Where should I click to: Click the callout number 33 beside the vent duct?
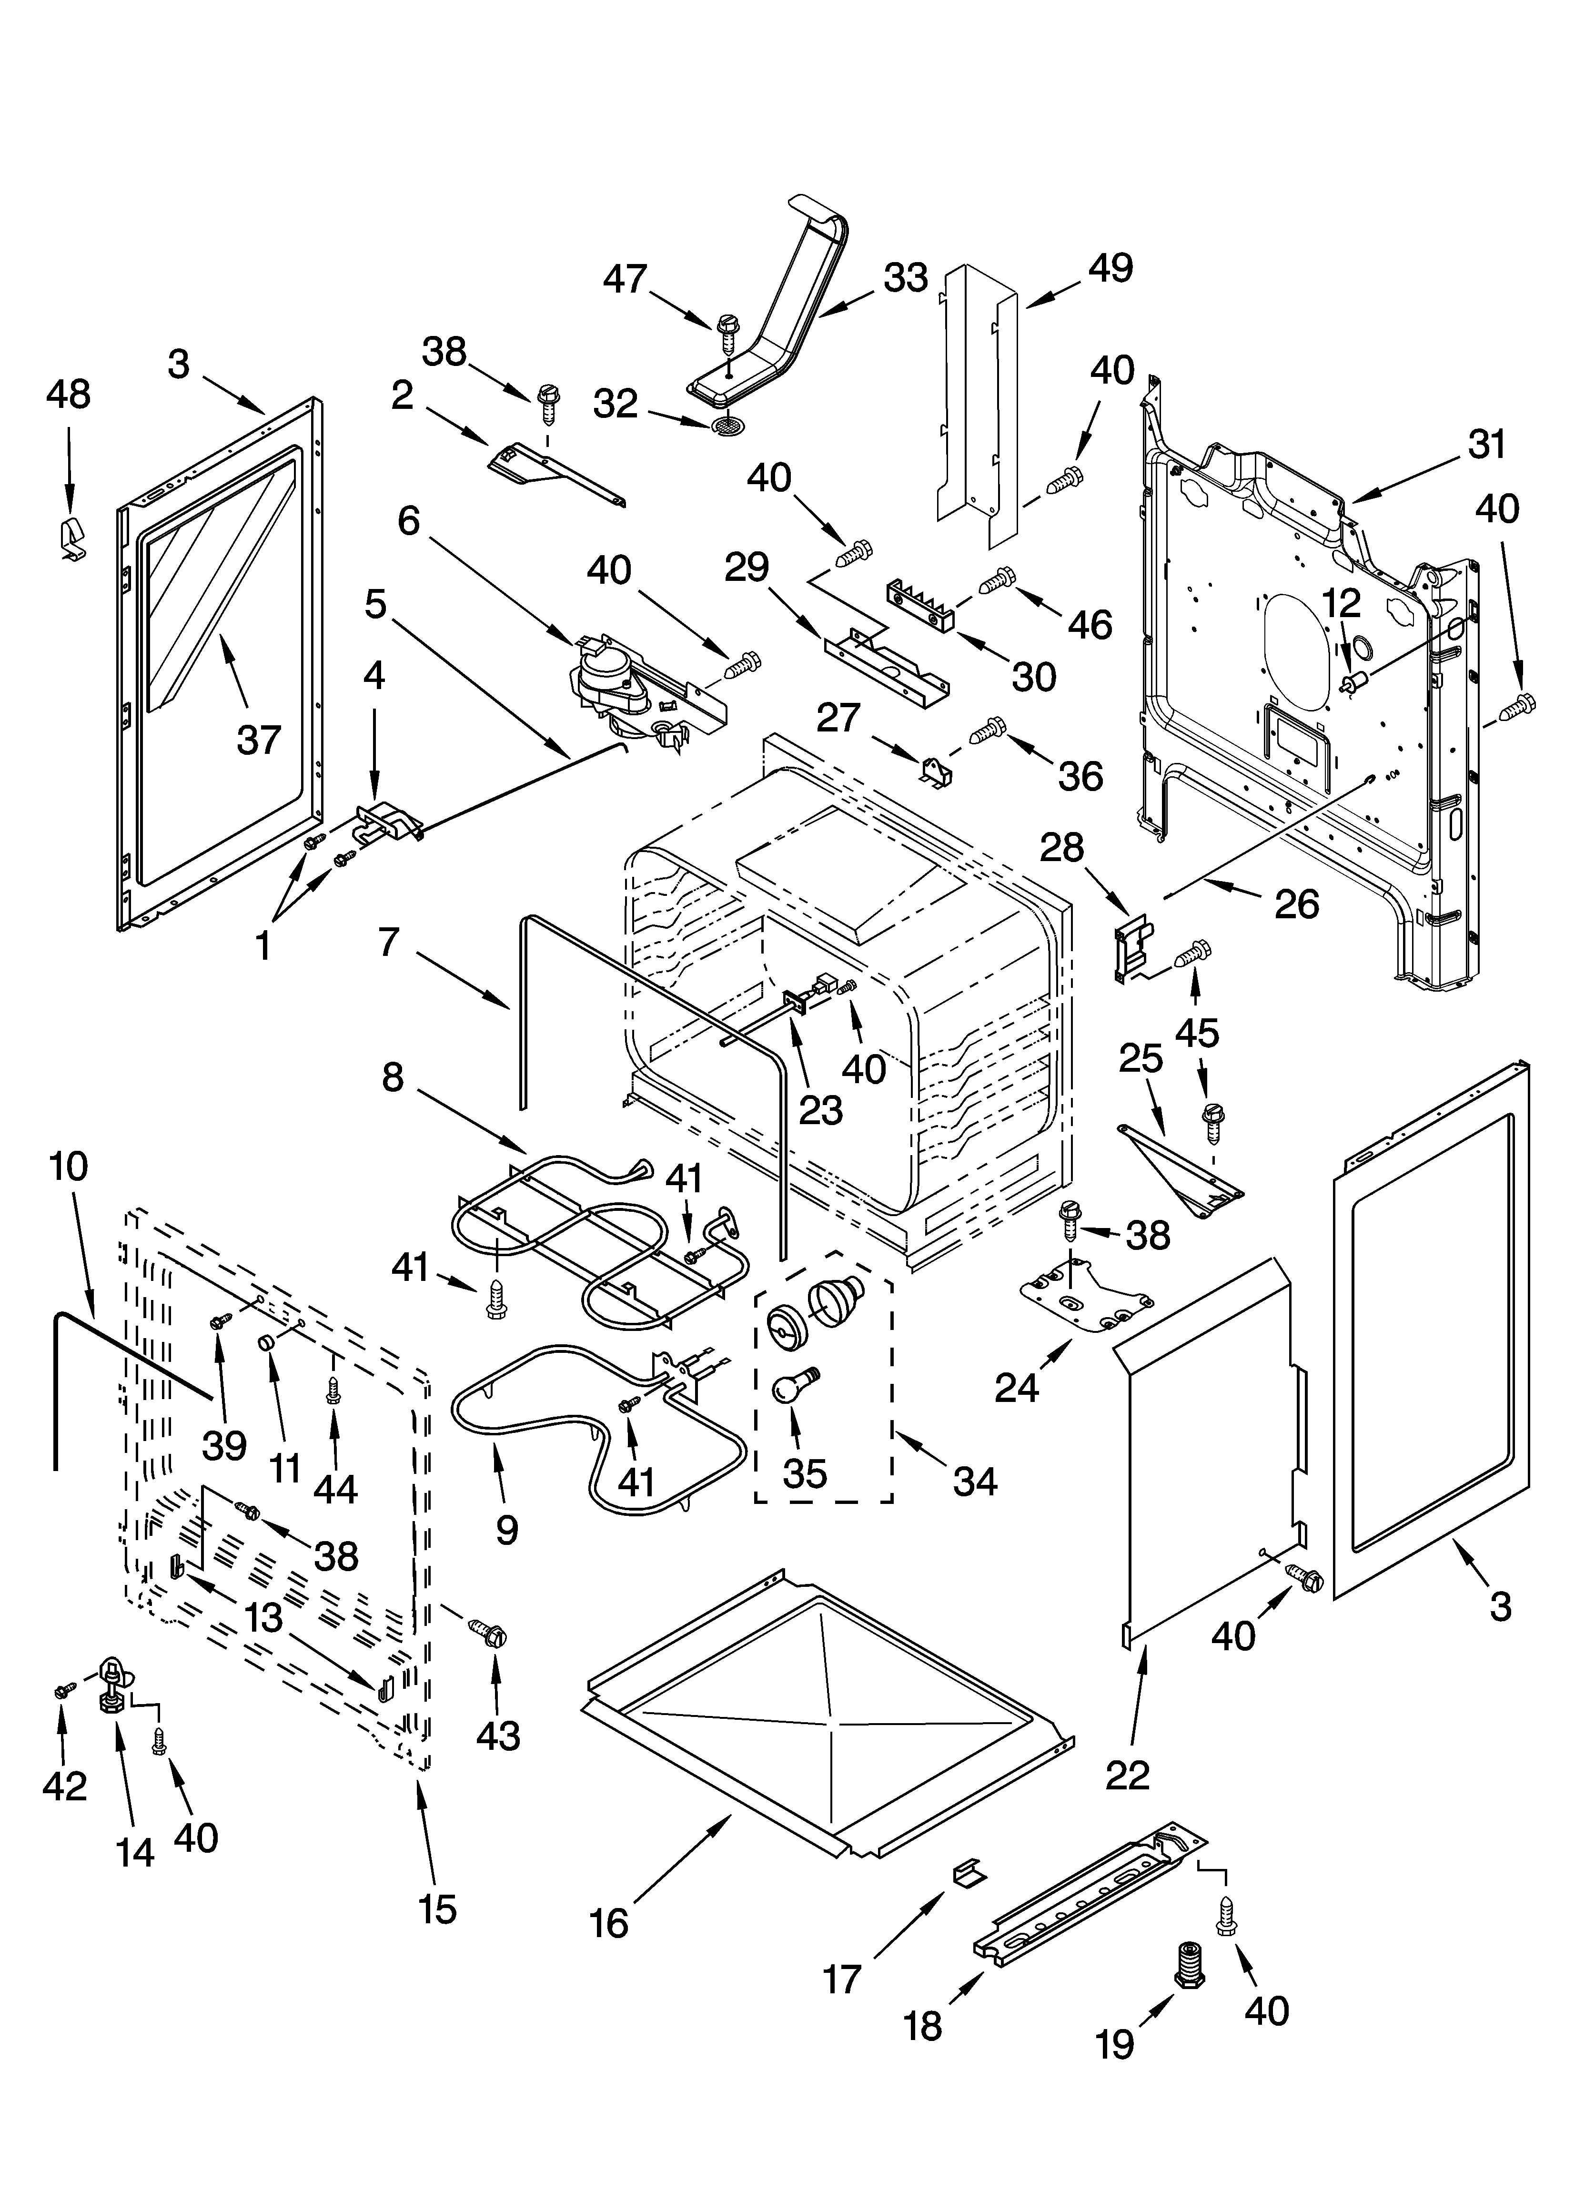pos(905,279)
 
